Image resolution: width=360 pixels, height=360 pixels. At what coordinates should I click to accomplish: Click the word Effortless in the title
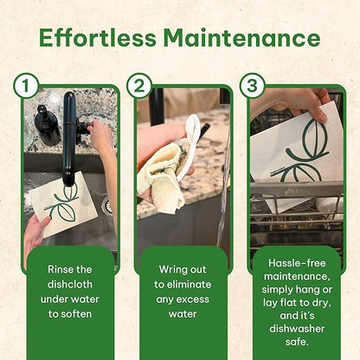coord(97,38)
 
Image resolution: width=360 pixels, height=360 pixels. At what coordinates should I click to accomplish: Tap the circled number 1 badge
coord(26,86)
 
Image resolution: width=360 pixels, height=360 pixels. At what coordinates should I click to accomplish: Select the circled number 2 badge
coord(139,86)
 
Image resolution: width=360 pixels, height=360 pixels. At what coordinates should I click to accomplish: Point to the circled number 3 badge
coord(253,86)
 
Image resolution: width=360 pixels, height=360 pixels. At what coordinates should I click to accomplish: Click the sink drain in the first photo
coord(106,204)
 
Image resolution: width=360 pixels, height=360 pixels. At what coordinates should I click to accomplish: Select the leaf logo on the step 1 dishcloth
coord(63,202)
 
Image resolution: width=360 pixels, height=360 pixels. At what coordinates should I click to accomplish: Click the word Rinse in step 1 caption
coord(59,269)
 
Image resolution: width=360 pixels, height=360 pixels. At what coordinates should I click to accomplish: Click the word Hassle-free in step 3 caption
coord(297,263)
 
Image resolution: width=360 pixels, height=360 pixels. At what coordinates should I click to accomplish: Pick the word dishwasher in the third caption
coord(297,329)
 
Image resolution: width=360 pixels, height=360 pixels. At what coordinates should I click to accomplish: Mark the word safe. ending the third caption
coord(297,342)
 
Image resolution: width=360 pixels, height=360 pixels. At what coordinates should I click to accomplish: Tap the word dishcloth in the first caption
coord(70,284)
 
